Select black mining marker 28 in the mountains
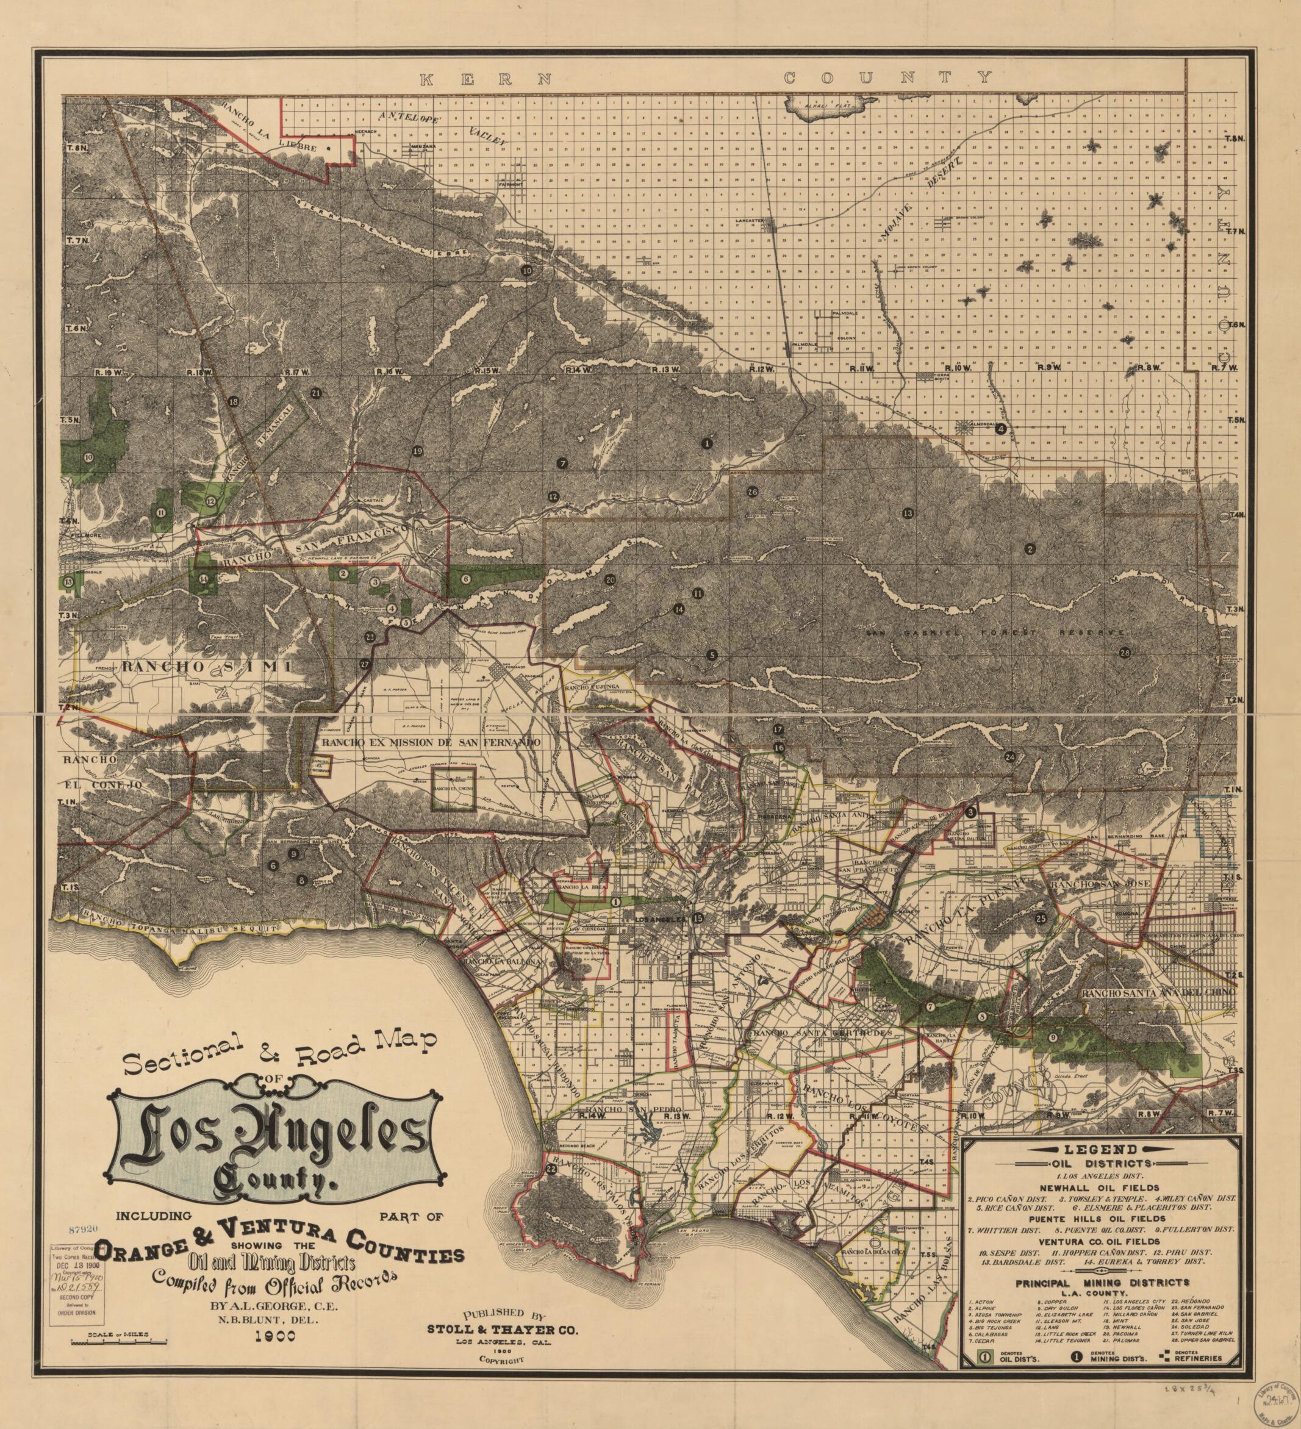tap(1125, 653)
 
